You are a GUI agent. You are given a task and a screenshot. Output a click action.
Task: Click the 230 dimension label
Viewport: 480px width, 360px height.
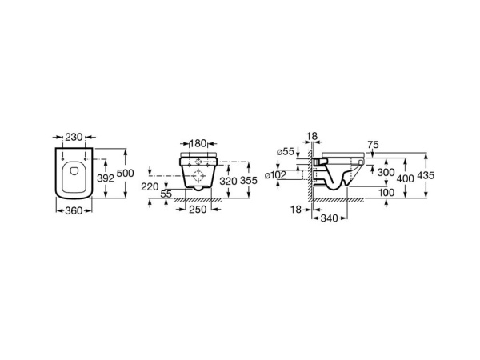[x=74, y=137]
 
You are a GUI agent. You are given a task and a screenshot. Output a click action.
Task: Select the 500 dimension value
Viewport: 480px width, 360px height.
[x=126, y=174]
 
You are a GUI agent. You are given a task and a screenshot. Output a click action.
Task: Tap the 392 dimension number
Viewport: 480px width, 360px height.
[x=106, y=178]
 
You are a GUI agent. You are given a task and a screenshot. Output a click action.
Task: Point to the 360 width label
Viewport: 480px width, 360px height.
[x=74, y=210]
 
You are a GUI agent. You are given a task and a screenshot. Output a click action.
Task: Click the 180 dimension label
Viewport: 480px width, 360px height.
[x=198, y=143]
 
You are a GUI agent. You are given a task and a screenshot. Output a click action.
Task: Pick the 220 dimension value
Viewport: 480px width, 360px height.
[x=150, y=186]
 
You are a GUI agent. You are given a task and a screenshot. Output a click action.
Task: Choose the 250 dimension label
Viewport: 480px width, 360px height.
[x=198, y=210]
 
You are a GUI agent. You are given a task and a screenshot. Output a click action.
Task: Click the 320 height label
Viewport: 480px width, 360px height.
[x=228, y=182]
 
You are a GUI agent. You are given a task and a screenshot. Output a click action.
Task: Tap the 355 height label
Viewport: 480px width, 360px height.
[x=249, y=180]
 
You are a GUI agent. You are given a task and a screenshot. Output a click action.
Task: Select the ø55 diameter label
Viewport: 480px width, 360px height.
[x=285, y=151]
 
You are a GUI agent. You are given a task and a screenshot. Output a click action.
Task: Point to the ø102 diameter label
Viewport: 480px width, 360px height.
[x=276, y=174]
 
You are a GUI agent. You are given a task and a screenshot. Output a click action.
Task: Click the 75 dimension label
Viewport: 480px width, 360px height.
[x=373, y=145]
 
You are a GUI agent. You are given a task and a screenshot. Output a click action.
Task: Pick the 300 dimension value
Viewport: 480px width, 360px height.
[x=386, y=172]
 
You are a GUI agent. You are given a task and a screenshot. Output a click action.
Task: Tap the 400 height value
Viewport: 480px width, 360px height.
[x=406, y=178]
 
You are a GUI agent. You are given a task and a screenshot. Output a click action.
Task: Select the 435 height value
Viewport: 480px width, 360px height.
[x=426, y=175]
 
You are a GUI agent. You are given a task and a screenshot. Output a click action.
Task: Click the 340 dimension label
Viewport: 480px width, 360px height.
[x=330, y=218]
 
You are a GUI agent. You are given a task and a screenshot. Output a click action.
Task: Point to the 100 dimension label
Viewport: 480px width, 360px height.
[x=386, y=193]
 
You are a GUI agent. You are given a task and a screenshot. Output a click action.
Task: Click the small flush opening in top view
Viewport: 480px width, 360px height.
[x=74, y=170]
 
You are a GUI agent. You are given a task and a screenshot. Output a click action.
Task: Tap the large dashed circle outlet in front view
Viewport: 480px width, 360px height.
[x=198, y=176]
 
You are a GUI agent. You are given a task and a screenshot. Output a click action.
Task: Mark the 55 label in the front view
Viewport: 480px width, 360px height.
[x=166, y=194]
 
